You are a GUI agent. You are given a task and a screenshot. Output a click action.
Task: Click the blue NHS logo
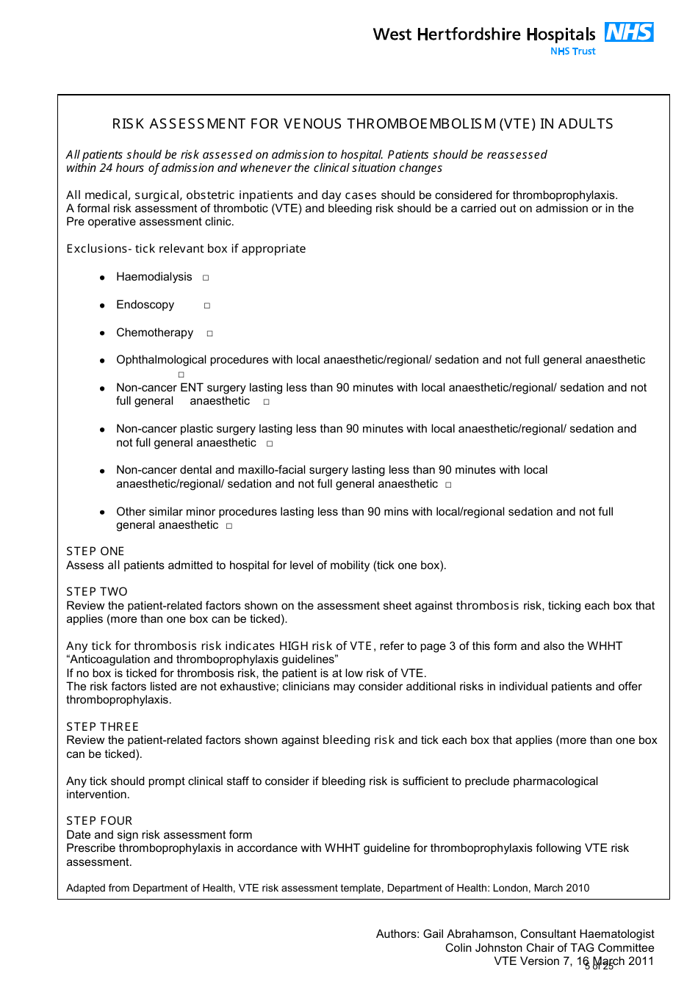coord(629,32)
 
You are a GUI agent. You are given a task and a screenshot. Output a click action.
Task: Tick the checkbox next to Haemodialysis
coord(206,278)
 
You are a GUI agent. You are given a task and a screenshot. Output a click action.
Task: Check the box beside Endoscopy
coord(207,305)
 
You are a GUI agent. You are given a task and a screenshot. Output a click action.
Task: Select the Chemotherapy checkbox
coord(209,333)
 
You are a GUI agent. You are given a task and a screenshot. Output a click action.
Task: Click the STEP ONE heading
coord(96,552)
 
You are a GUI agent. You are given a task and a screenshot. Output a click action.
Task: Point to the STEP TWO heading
coord(97,592)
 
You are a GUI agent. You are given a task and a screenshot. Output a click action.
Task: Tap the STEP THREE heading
coord(102,727)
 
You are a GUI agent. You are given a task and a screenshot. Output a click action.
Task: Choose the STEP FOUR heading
coord(99,821)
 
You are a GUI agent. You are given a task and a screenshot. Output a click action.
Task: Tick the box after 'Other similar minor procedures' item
coord(229,526)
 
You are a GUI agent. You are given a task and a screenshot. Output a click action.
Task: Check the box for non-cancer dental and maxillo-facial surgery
coord(448,485)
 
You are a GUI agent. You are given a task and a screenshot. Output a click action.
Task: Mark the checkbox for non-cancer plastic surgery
coord(270,444)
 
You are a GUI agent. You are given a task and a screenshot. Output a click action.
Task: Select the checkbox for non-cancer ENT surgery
coord(266,402)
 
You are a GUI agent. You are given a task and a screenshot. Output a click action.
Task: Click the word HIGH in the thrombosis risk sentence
coord(293,646)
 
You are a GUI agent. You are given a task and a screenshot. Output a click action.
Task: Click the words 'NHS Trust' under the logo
coord(573,51)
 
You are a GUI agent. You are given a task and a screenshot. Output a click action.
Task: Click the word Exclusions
coord(96,249)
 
